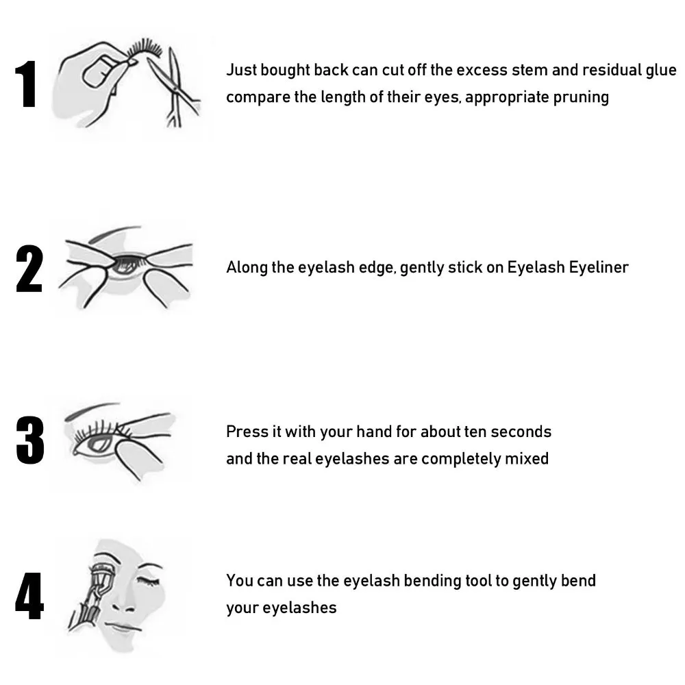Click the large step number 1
(27, 85)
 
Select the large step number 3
(29, 439)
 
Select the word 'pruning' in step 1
(582, 97)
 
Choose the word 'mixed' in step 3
(527, 459)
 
